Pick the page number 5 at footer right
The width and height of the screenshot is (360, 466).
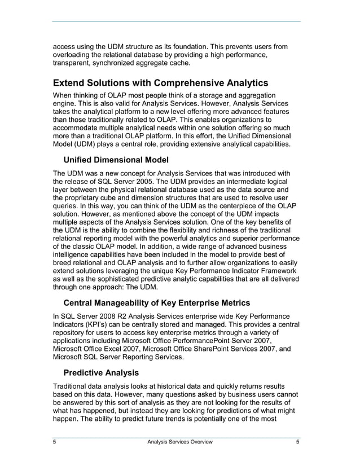[x=297, y=442]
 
